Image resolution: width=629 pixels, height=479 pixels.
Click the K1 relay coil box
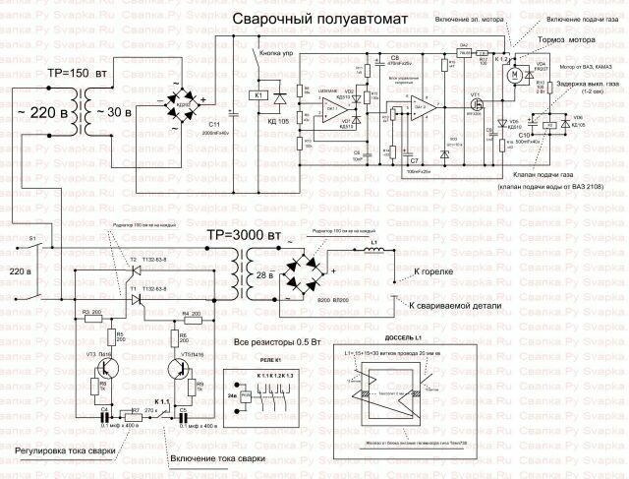pos(258,96)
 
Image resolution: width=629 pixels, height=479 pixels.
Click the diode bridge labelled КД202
pos(180,102)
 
